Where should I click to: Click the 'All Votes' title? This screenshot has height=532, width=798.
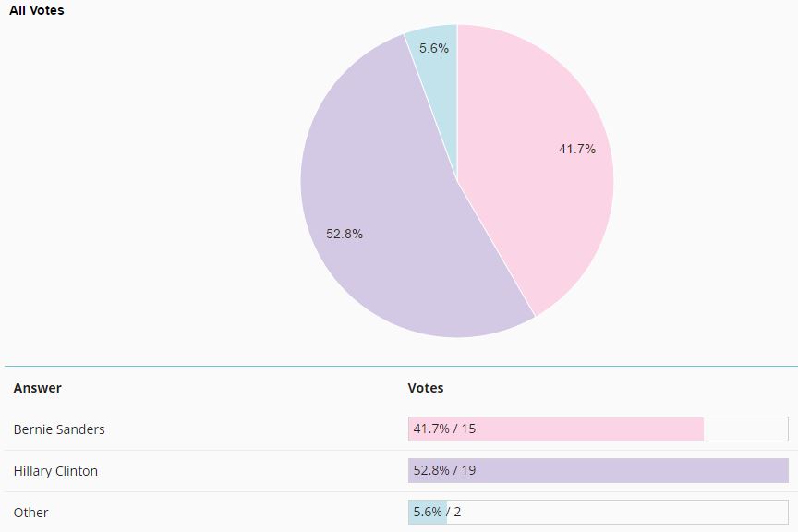tap(37, 10)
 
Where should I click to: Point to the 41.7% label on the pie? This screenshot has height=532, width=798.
tap(577, 149)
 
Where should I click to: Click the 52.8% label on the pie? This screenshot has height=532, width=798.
tap(345, 234)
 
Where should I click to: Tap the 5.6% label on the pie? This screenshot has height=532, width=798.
tap(434, 48)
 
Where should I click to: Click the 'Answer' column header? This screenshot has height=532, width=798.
tap(38, 388)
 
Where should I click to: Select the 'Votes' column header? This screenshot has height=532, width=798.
tap(426, 388)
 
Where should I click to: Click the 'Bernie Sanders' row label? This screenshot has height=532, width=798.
tap(59, 429)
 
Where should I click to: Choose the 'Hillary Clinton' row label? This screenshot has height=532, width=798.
tap(55, 471)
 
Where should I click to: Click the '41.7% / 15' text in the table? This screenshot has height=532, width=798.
tap(444, 429)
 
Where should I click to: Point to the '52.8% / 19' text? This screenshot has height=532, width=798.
tap(444, 471)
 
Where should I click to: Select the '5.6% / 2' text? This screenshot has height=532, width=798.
tap(437, 513)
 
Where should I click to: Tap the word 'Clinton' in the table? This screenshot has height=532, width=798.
tap(77, 471)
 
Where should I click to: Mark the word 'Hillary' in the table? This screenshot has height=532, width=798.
tap(32, 471)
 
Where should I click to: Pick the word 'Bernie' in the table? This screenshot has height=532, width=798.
tap(33, 429)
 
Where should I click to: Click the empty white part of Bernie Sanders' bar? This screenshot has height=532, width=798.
tap(745, 429)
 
